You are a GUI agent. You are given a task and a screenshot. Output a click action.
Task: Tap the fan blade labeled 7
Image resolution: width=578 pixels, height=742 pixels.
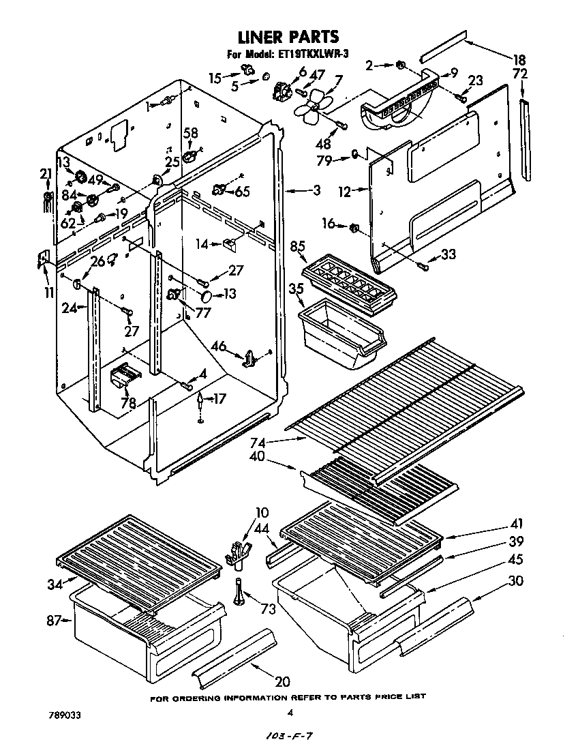313,106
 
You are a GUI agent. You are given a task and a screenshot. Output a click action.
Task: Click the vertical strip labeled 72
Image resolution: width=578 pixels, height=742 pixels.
526,140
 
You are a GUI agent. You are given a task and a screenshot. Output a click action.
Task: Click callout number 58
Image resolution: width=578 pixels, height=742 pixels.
191,133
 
